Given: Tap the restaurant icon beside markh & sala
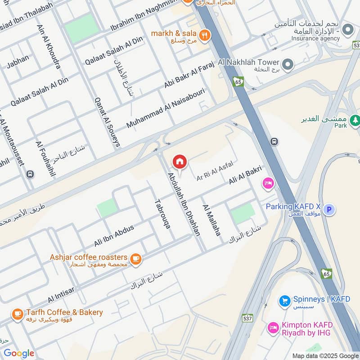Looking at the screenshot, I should [205, 35].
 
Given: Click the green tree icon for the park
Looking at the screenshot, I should [355, 120].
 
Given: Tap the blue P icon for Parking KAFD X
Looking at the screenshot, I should [329, 209].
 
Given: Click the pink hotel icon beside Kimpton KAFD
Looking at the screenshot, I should [273, 328].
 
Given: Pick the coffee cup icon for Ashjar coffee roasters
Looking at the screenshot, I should [135, 259].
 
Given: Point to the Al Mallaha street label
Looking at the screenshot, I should [211, 220].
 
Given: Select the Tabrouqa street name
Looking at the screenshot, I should [162, 214].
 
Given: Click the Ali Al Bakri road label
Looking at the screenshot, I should [245, 175].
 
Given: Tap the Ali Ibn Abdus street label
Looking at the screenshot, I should [114, 236].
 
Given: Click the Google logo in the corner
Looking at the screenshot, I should [19, 353].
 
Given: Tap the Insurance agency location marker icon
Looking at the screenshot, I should [347, 30].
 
